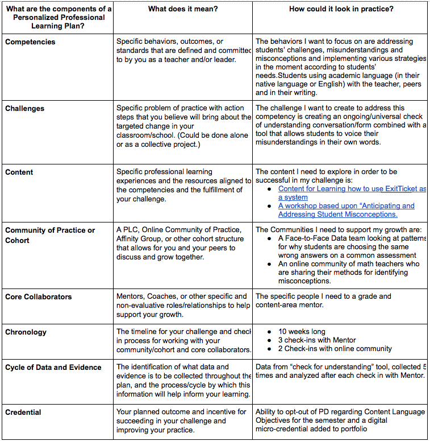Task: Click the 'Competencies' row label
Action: (x=30, y=42)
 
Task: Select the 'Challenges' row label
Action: (x=25, y=108)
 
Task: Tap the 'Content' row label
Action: (x=19, y=172)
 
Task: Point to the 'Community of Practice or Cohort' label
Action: (x=50, y=235)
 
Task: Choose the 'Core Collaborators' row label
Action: (x=39, y=297)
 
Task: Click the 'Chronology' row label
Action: (x=26, y=332)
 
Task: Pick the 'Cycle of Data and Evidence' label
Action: (x=53, y=368)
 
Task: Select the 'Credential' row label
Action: (x=23, y=412)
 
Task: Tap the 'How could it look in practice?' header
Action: (x=341, y=9)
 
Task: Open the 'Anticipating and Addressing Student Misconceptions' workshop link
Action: (x=346, y=210)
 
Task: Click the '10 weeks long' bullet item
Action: (x=302, y=331)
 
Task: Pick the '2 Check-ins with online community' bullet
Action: (x=335, y=348)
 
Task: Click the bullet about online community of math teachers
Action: (x=348, y=273)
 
